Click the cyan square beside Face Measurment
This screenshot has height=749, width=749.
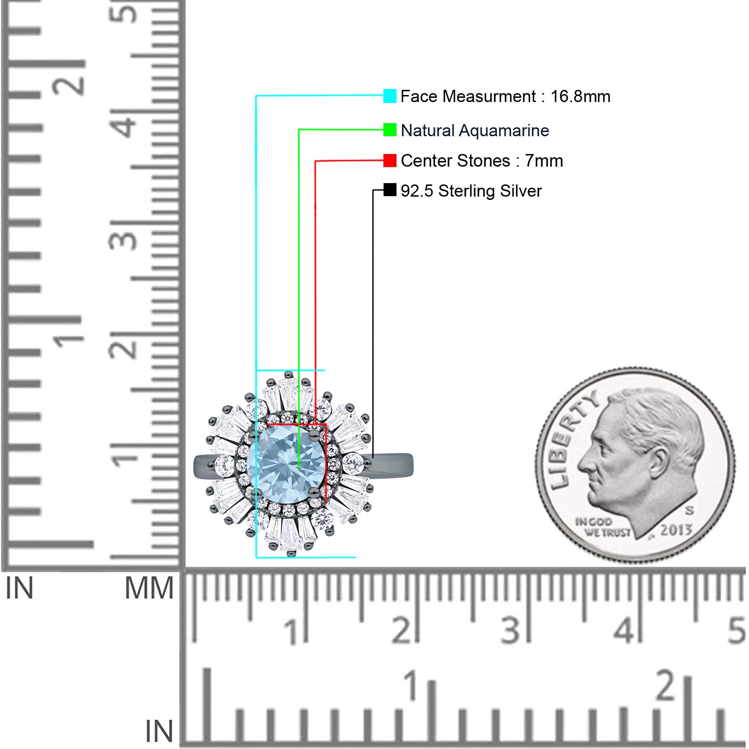(x=389, y=96)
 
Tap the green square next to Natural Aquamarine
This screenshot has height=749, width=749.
(x=389, y=130)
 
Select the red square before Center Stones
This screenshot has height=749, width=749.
(x=389, y=161)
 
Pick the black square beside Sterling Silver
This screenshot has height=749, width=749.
(x=389, y=190)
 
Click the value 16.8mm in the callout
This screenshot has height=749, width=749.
(x=580, y=96)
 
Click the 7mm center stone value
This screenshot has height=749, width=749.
(x=543, y=161)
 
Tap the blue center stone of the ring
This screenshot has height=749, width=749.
(x=286, y=466)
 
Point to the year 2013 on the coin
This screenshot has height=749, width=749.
(x=676, y=529)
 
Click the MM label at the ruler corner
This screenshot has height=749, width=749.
(x=149, y=588)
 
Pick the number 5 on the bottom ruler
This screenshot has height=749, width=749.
(x=736, y=630)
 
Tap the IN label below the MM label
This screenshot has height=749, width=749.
(x=159, y=731)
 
